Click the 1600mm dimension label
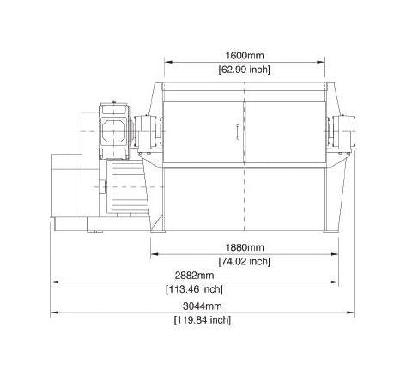pyautogui.click(x=245, y=55)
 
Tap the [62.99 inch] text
pyautogui.click(x=244, y=70)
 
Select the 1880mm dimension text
pyautogui.click(x=245, y=247)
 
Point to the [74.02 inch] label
pyautogui.click(x=244, y=261)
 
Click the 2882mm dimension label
pyautogui.click(x=194, y=276)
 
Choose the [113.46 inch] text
pyautogui.click(x=194, y=289)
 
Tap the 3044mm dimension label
pyautogui.click(x=203, y=306)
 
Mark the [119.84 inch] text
pyautogui.click(x=203, y=320)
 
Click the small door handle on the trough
pyautogui.click(x=238, y=132)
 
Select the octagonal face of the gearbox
pyautogui.click(x=113, y=131)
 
